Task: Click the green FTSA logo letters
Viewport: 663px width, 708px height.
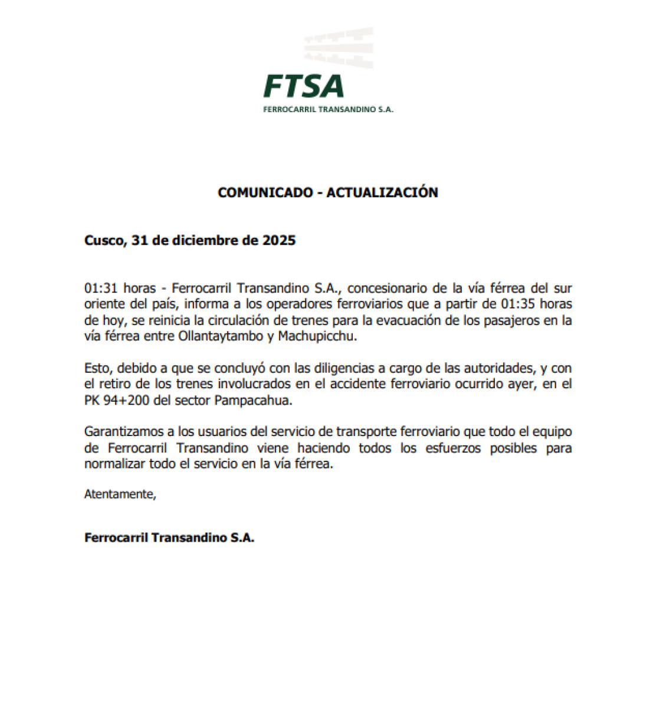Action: (x=304, y=86)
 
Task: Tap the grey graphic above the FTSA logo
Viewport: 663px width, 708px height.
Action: (x=339, y=47)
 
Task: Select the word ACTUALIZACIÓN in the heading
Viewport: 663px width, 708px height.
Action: (x=382, y=192)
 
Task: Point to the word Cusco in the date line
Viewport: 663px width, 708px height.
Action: (x=103, y=241)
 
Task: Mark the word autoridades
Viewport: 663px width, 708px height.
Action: (x=497, y=369)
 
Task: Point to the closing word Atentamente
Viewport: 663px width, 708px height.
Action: (x=120, y=494)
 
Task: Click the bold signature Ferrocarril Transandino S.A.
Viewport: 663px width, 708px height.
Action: (x=169, y=538)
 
